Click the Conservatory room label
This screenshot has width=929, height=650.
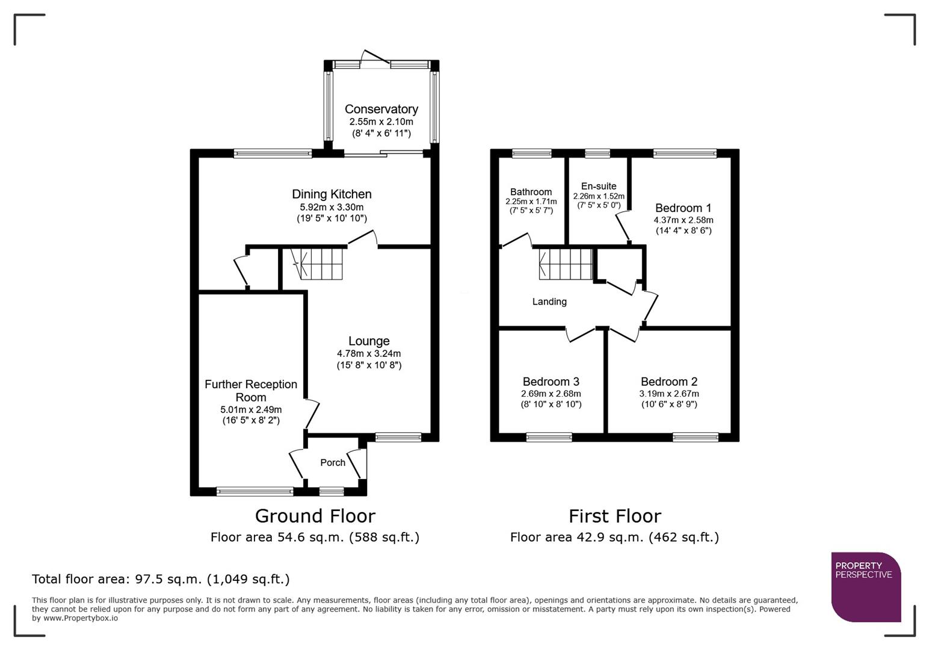(381, 109)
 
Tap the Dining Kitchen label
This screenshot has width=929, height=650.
(332, 194)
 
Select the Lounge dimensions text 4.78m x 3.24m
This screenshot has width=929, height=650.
(369, 354)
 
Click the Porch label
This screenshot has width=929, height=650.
(333, 462)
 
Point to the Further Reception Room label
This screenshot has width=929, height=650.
(251, 391)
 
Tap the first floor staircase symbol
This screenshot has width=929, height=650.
(566, 264)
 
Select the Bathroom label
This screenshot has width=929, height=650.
(531, 192)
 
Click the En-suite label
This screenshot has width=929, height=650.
(599, 186)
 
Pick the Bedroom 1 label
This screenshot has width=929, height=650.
(683, 208)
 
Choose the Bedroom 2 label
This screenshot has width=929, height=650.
(669, 382)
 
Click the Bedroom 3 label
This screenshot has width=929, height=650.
(551, 382)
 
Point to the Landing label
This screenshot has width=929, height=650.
(549, 302)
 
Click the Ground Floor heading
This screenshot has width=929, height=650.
(315, 516)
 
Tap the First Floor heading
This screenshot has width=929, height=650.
(614, 516)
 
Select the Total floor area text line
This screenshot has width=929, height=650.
(161, 579)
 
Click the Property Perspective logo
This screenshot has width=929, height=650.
(865, 586)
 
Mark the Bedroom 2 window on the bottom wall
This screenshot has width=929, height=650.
(695, 437)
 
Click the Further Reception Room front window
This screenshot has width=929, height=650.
(255, 492)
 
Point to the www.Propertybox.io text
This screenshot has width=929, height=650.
(80, 617)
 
